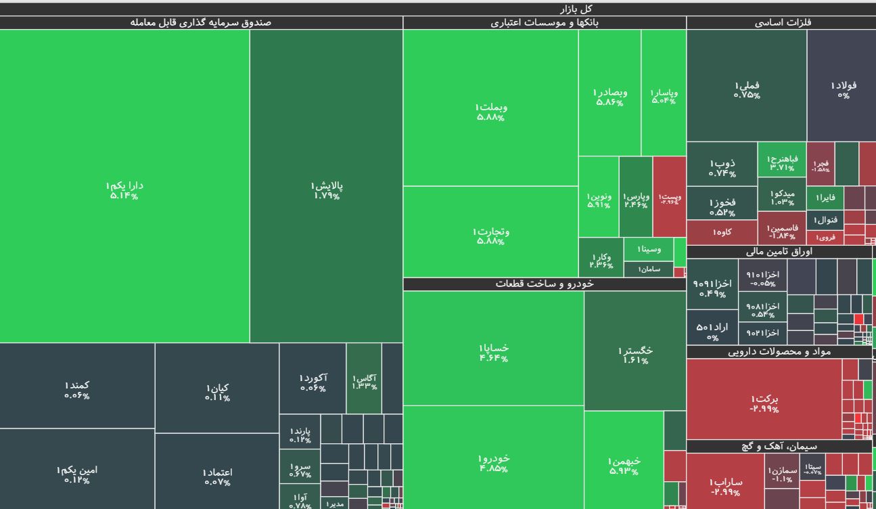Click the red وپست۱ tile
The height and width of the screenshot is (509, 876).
click(670, 196)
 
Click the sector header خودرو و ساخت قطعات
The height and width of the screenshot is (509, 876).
click(545, 284)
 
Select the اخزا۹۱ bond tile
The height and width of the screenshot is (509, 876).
click(712, 284)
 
